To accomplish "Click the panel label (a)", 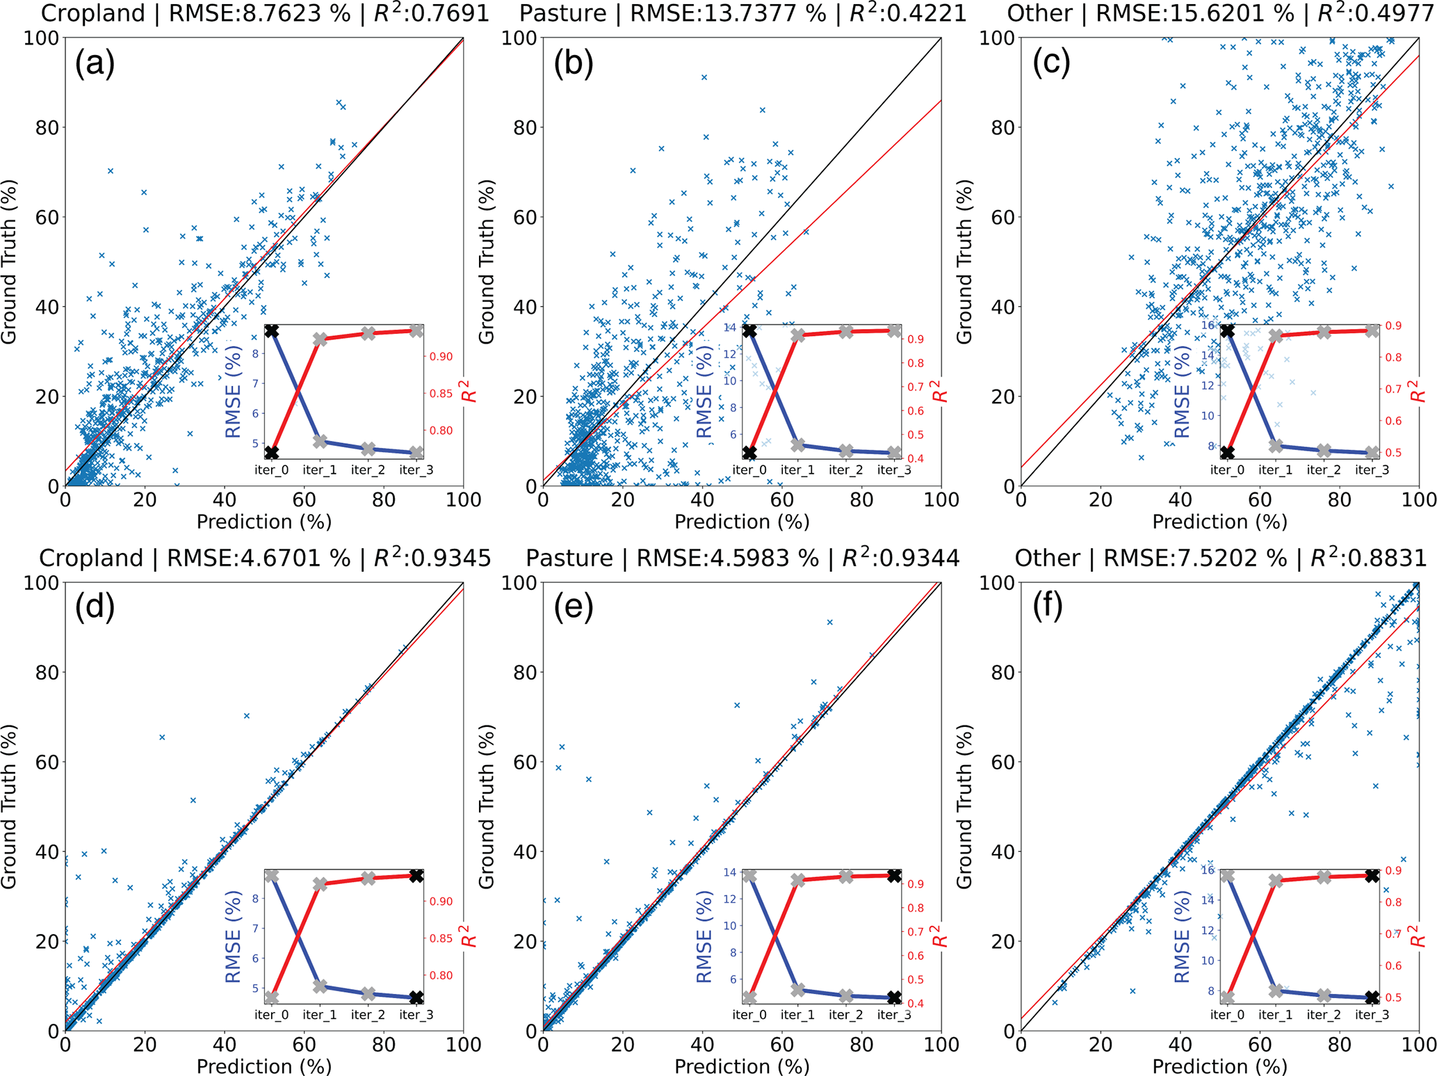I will click(x=95, y=63).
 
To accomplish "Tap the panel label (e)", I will click(x=574, y=607).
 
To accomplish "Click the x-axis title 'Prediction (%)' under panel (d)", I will click(x=264, y=1066).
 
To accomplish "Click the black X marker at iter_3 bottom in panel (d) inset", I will click(x=416, y=997).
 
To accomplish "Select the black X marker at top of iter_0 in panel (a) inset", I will click(x=271, y=331).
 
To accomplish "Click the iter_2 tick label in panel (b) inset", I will click(x=845, y=470).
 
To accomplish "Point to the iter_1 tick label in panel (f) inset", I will click(x=1275, y=1015).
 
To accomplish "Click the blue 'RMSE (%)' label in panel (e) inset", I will click(x=704, y=937).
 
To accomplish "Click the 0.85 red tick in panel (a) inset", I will click(x=441, y=394).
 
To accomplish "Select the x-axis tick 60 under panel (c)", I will click(x=1259, y=499).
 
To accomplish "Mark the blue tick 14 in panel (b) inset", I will click(x=729, y=327).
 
